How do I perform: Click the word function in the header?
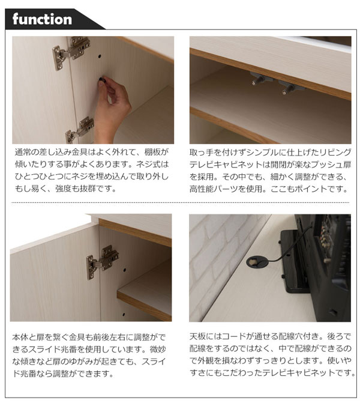41,19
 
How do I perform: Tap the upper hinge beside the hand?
71,50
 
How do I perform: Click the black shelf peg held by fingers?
103,79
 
